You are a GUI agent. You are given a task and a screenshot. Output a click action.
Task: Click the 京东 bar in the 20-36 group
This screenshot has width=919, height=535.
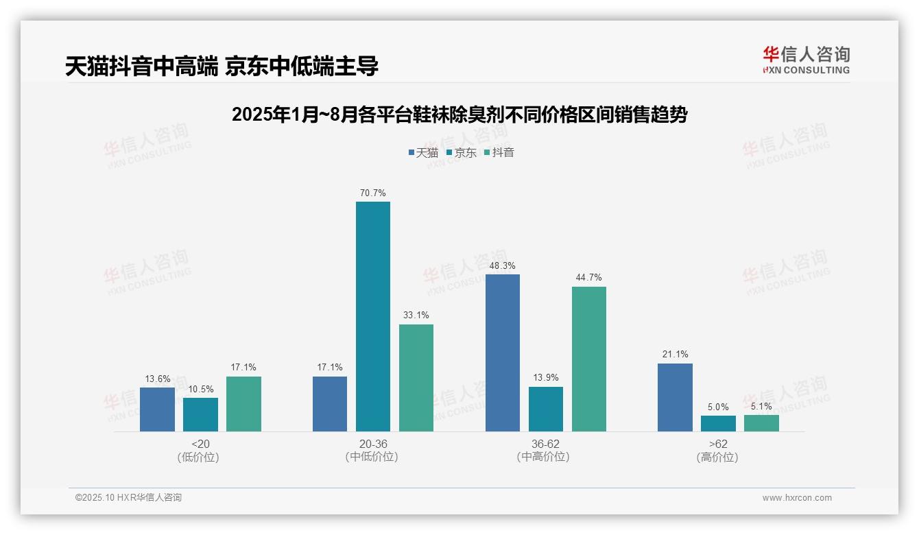pyautogui.click(x=372, y=316)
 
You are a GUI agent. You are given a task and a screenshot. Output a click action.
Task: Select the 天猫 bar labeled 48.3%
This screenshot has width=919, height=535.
pyautogui.click(x=502, y=353)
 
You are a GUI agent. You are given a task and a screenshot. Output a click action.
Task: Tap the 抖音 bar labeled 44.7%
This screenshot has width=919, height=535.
pyautogui.click(x=588, y=359)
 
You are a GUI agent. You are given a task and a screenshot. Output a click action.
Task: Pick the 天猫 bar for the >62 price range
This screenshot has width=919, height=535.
pyautogui.click(x=675, y=397)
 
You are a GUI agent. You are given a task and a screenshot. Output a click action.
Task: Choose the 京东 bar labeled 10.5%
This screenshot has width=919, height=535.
pyautogui.click(x=200, y=414)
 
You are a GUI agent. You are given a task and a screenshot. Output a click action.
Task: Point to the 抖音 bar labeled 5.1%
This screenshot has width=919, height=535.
pyautogui.click(x=761, y=423)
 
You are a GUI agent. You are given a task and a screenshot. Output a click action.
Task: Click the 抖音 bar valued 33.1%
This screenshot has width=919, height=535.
pyautogui.click(x=416, y=378)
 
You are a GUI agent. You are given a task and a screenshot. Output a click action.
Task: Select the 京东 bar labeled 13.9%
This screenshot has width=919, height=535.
pyautogui.click(x=545, y=409)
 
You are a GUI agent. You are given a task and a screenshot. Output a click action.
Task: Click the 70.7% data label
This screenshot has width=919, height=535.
pyautogui.click(x=372, y=193)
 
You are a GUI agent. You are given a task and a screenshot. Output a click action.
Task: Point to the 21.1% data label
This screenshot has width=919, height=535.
pyautogui.click(x=675, y=355)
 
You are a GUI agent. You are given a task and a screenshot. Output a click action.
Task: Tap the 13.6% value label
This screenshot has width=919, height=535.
pyautogui.click(x=157, y=379)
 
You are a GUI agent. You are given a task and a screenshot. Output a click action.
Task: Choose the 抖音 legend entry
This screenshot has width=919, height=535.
pyautogui.click(x=499, y=152)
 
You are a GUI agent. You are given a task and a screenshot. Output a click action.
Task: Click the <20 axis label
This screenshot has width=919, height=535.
pyautogui.click(x=200, y=444)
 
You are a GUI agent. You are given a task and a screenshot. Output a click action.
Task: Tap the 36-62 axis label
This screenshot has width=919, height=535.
pyautogui.click(x=545, y=444)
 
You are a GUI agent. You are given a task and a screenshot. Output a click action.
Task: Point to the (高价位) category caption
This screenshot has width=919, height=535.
pyautogui.click(x=717, y=457)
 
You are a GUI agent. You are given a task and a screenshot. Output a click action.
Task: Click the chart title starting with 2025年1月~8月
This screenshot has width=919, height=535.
pyautogui.click(x=459, y=115)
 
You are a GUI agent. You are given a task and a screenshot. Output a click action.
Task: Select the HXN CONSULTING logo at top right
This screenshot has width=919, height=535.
pyautogui.click(x=806, y=60)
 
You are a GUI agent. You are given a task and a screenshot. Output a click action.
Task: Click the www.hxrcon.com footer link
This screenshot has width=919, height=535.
pyautogui.click(x=797, y=498)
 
